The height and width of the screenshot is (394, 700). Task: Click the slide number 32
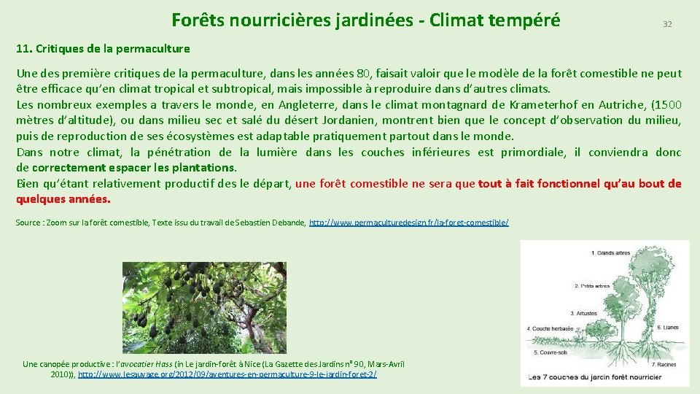tap(666, 24)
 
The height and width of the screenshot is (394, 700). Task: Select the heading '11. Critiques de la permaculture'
tap(103, 49)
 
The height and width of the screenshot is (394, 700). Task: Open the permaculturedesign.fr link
tap(409, 222)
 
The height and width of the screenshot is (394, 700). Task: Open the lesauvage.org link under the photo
tap(227, 374)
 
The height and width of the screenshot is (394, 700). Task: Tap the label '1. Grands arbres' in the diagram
tap(611, 253)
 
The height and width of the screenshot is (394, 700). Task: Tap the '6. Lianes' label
tap(669, 327)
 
